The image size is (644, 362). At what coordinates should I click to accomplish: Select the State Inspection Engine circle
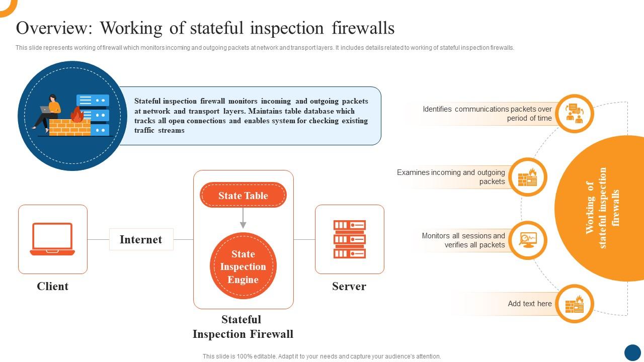[x=243, y=266]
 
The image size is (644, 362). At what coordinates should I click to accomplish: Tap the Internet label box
[x=141, y=239]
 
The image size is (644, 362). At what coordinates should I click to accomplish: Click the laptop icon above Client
[x=52, y=239]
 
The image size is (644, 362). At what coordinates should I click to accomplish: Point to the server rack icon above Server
[x=350, y=239]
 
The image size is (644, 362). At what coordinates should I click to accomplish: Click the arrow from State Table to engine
[x=243, y=218]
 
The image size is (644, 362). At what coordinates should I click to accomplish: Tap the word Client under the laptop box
[x=53, y=286]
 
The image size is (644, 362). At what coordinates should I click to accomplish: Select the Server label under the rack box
[x=349, y=286]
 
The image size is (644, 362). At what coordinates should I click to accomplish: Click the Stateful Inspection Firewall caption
[x=243, y=327]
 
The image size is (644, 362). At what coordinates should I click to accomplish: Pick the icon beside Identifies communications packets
[x=575, y=114]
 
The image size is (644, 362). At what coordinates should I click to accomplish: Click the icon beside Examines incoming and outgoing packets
[x=528, y=177]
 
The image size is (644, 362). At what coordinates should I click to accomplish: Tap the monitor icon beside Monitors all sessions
[x=528, y=240]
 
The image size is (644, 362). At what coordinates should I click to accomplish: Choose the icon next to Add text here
[x=575, y=304]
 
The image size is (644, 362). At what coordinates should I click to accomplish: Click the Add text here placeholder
[x=530, y=304]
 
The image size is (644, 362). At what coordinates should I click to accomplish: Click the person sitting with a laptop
[x=47, y=114]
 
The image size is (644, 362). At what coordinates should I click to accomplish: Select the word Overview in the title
[x=54, y=28]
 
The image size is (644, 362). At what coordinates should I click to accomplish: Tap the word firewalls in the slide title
[x=363, y=28]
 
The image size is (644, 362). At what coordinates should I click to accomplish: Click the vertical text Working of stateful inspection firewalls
[x=602, y=208]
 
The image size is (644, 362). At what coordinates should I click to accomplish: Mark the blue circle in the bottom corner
[x=633, y=353]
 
